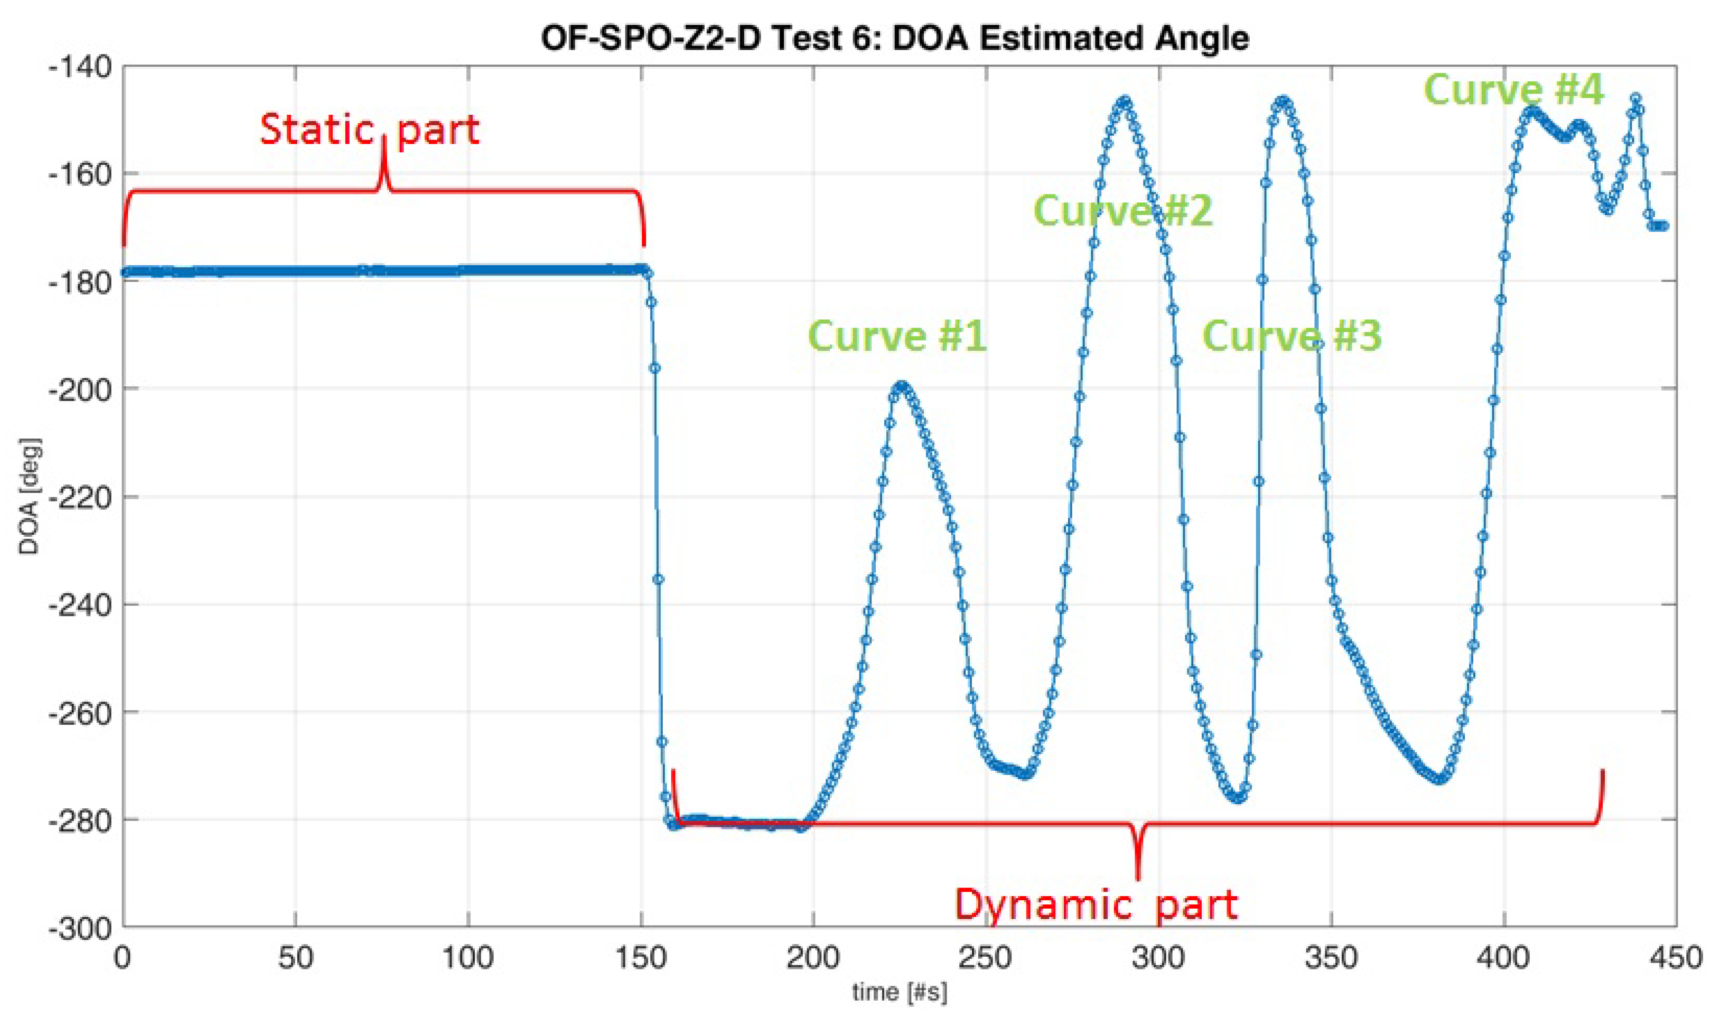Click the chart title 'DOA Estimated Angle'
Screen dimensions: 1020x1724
pyautogui.click(x=894, y=37)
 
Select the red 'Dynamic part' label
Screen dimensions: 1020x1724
pyautogui.click(x=1096, y=905)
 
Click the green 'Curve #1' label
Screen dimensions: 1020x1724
pyautogui.click(x=897, y=336)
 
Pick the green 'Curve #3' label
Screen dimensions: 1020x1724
pyautogui.click(x=1291, y=336)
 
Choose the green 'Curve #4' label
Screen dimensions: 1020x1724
pyautogui.click(x=1513, y=90)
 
